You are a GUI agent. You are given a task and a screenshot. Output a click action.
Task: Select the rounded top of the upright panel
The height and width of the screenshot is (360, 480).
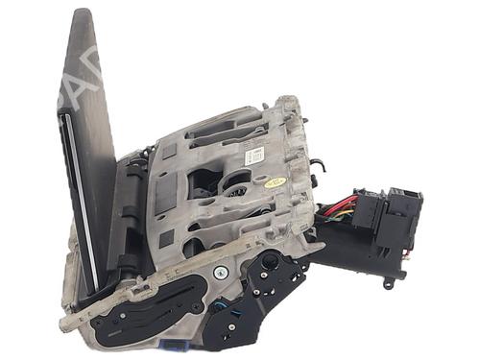coord(82,19)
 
